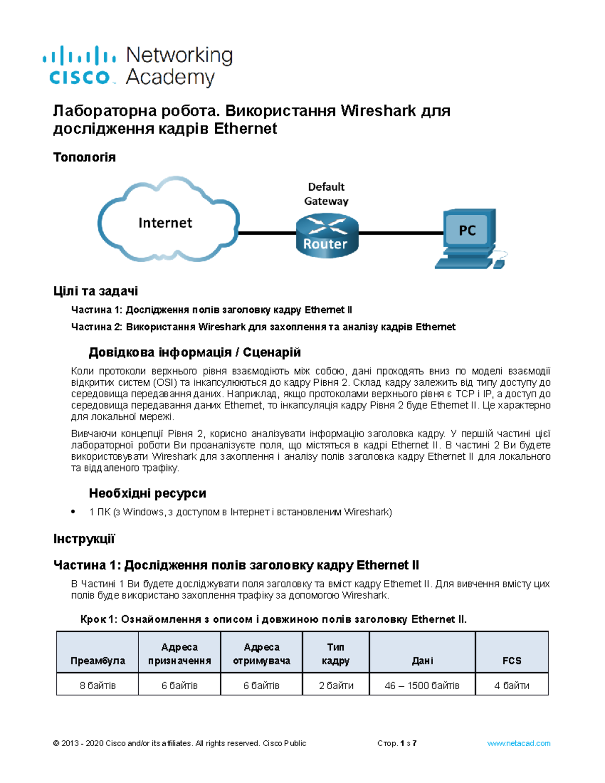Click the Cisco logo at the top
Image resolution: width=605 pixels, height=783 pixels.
tap(79, 66)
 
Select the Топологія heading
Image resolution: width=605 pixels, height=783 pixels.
tap(84, 157)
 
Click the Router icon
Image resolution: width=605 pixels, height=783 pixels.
tap(326, 234)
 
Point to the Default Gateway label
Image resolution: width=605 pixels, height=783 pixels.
tap(326, 194)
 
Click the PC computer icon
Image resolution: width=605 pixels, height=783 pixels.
tap(468, 237)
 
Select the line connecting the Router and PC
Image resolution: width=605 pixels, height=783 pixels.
tap(401, 233)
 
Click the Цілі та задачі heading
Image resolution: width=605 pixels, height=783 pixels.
tap(95, 291)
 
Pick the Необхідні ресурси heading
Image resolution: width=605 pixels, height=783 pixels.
tap(147, 493)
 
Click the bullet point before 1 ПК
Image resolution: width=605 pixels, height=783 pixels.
tap(74, 512)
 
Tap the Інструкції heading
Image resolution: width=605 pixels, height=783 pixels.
tap(84, 539)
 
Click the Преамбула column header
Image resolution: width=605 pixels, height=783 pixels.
tap(97, 660)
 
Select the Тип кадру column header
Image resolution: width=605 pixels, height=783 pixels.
tap(335, 653)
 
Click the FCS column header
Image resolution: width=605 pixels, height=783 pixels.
tap(511, 660)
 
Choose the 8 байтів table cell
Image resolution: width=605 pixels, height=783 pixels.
tap(97, 685)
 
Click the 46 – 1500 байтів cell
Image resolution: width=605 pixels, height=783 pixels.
tap(422, 685)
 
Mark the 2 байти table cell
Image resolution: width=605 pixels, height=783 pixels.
tap(335, 685)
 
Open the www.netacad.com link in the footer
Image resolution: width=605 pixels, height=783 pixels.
tap(518, 743)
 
